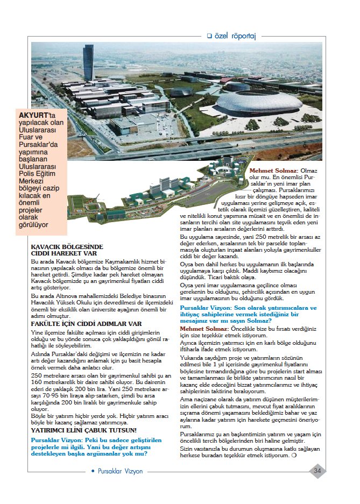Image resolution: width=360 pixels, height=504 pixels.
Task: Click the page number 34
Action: [x=317, y=471]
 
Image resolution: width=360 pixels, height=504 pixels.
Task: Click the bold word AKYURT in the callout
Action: [x=33, y=115]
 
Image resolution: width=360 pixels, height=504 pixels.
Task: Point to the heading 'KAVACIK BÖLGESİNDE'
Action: [x=67, y=247]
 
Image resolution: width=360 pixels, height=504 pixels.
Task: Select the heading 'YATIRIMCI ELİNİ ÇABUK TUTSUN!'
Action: [x=83, y=430]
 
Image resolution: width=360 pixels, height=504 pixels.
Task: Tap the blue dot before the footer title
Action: [x=93, y=471]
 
